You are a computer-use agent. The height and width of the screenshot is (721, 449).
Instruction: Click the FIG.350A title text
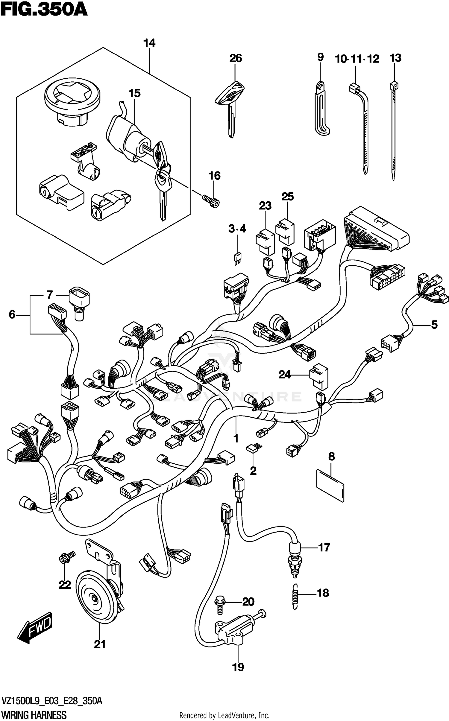[x=44, y=10]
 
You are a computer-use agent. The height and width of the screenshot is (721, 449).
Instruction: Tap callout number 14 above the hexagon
[x=149, y=43]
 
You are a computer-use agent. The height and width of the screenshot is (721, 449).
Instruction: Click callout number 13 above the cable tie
[x=395, y=58]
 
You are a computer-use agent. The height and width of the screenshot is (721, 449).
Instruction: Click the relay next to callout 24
[x=319, y=378]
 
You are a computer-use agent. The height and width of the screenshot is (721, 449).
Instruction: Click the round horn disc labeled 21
[x=96, y=599]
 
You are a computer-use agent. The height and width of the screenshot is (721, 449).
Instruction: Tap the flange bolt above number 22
[x=65, y=558]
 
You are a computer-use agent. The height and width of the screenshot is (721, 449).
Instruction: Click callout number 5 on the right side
[x=434, y=324]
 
